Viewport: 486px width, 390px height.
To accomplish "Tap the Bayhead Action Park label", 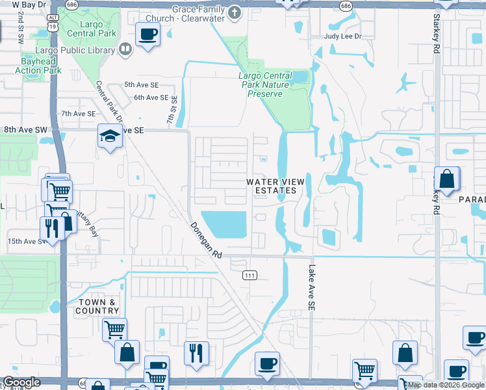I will tap(38, 66).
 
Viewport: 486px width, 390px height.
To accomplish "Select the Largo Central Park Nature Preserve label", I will tap(264, 84).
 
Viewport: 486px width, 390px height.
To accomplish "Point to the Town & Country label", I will tap(98, 306).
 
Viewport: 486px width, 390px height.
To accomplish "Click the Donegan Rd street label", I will tap(206, 240).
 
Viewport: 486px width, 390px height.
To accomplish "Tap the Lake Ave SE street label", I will tap(313, 287).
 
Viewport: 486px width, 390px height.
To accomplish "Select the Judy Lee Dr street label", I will tap(342, 37).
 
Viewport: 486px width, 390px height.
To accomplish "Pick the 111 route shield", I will tap(249, 276).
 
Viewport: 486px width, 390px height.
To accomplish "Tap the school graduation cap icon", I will tap(110, 136).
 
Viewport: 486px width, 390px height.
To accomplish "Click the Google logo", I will tap(21, 383).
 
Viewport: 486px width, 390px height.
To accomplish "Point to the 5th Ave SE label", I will tap(142, 85).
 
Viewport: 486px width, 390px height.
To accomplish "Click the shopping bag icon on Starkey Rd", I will tap(447, 179).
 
